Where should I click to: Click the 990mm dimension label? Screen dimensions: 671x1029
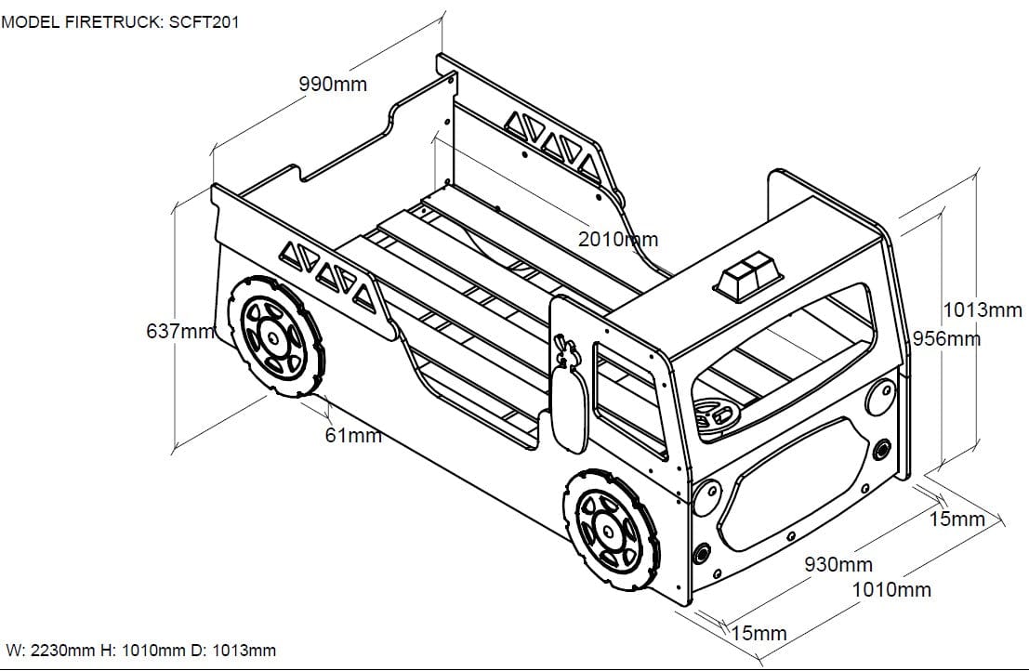click(333, 85)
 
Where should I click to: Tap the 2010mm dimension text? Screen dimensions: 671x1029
click(617, 239)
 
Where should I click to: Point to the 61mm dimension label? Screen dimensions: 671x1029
click(353, 434)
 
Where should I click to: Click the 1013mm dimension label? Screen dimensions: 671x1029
click(983, 310)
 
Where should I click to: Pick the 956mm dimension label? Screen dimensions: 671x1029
click(946, 338)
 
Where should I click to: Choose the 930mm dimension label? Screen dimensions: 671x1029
click(838, 564)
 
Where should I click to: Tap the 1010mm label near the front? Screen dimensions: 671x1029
click(890, 589)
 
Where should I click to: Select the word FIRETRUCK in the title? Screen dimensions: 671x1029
click(114, 22)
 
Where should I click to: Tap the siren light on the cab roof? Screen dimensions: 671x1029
click(749, 277)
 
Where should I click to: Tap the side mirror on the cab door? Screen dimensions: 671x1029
click(570, 402)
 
